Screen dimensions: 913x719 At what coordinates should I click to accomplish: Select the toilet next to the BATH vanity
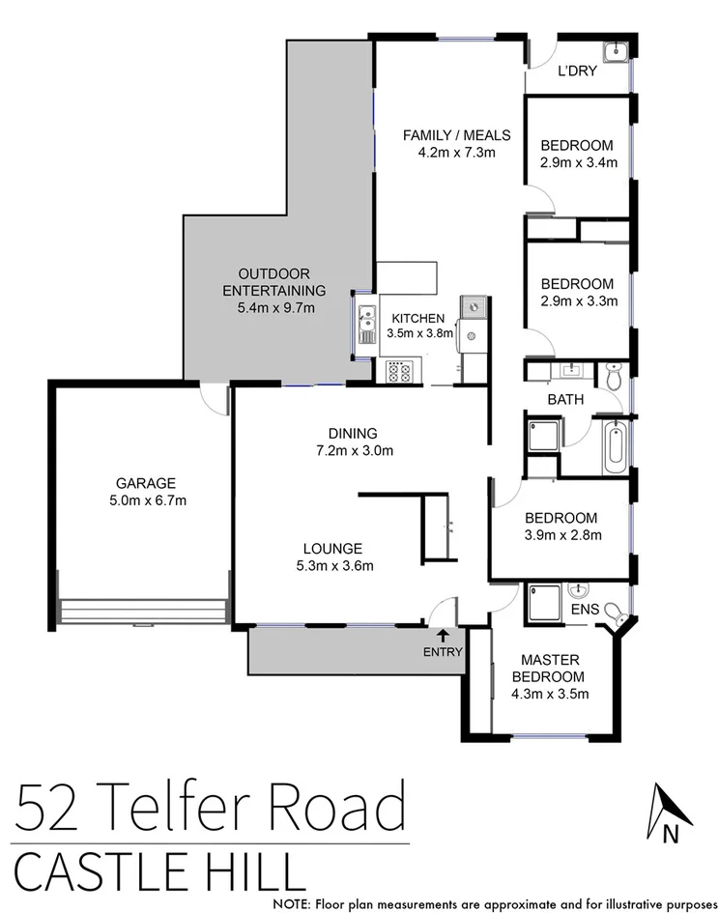coord(614,376)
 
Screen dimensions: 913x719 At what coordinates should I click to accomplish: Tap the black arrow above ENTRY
coord(443,635)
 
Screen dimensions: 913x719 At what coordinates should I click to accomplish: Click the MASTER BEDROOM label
coord(548,668)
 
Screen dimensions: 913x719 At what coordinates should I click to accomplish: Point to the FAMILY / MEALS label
coord(456,134)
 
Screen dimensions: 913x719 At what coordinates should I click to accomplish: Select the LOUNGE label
coord(331,547)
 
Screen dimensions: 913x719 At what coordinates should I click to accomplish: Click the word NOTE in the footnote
coord(293,904)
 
